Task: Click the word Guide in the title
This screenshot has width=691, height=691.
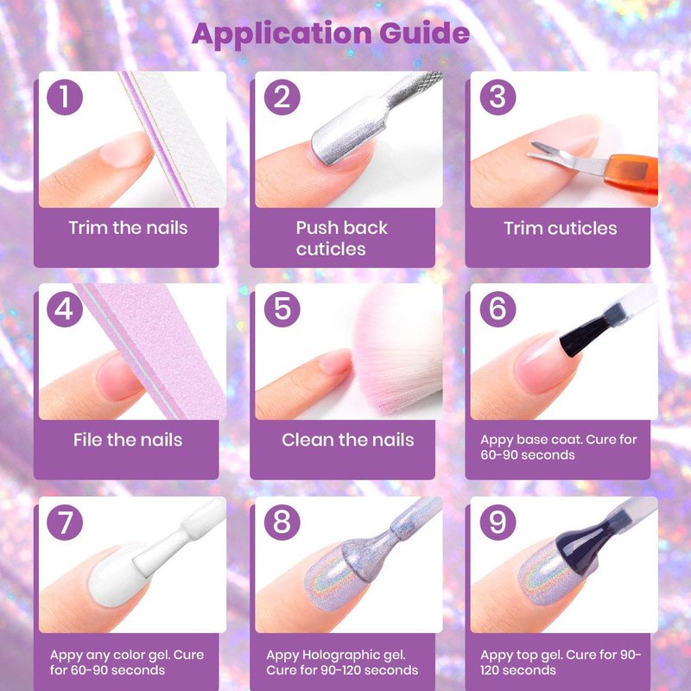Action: (424, 34)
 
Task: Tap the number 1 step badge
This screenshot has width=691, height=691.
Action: (65, 97)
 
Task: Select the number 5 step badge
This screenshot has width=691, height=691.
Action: (282, 309)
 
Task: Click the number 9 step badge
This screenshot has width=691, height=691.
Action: (498, 523)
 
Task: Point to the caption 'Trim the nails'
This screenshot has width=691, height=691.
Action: (128, 228)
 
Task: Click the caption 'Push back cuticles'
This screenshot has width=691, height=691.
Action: (341, 238)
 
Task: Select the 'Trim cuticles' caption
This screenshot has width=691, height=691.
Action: (560, 228)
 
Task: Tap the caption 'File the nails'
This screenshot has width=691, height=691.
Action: (128, 440)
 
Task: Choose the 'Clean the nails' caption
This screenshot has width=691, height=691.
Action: (348, 440)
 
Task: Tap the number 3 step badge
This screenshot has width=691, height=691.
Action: (498, 97)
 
